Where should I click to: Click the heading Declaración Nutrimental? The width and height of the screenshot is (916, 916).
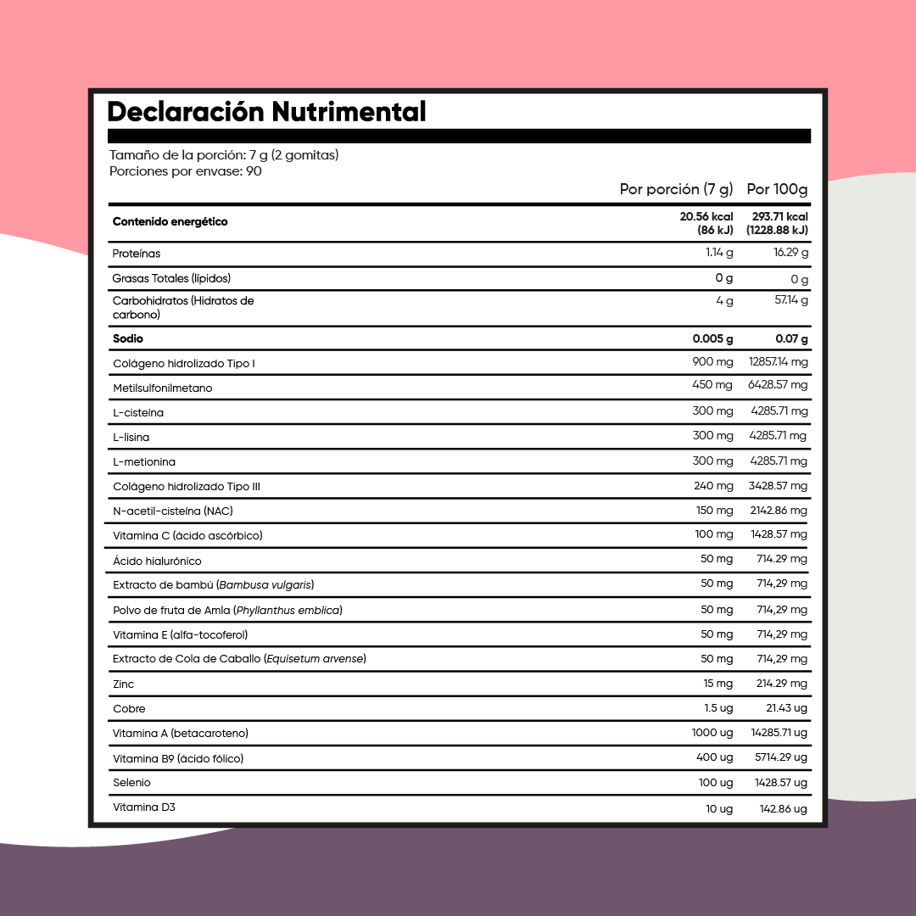(266, 112)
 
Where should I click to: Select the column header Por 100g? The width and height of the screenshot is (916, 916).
(777, 189)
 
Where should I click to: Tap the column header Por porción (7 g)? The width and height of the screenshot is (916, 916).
(676, 189)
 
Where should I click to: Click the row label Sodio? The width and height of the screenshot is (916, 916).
(128, 339)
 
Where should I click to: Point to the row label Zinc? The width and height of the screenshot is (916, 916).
(123, 684)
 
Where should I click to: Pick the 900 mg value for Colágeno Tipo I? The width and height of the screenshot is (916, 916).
(712, 362)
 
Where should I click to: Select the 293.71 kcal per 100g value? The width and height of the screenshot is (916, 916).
(779, 217)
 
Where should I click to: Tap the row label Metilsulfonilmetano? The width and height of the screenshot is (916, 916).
(162, 388)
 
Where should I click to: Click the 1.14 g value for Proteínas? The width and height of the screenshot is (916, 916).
(719, 253)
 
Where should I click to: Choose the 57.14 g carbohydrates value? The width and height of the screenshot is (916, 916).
(791, 300)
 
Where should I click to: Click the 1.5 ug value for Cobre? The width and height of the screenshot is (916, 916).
(718, 708)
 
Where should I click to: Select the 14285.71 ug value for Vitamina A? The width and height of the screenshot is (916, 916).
(779, 733)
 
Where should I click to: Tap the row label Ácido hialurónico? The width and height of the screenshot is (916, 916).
(157, 561)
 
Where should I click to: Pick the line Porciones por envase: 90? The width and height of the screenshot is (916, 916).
(186, 171)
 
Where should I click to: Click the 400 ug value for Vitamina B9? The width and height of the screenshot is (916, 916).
(714, 757)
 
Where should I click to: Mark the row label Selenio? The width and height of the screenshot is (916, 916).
(131, 783)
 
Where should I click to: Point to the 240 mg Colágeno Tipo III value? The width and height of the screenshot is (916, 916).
(713, 486)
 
